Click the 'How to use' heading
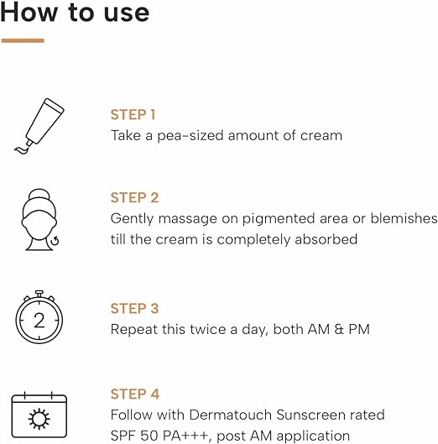click(x=75, y=12)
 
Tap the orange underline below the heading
click(x=23, y=41)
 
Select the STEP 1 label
click(x=133, y=115)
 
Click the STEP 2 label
click(x=134, y=197)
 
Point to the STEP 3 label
click(x=134, y=308)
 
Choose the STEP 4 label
click(x=135, y=394)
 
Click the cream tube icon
click(x=39, y=126)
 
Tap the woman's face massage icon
click(x=40, y=220)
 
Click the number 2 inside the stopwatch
click(x=39, y=321)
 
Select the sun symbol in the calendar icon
click(x=39, y=419)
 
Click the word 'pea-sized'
click(x=190, y=136)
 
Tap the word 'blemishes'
click(x=404, y=218)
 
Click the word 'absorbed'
click(x=326, y=239)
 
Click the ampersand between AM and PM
click(x=339, y=329)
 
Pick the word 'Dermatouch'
click(x=231, y=415)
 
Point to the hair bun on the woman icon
click(x=39, y=194)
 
